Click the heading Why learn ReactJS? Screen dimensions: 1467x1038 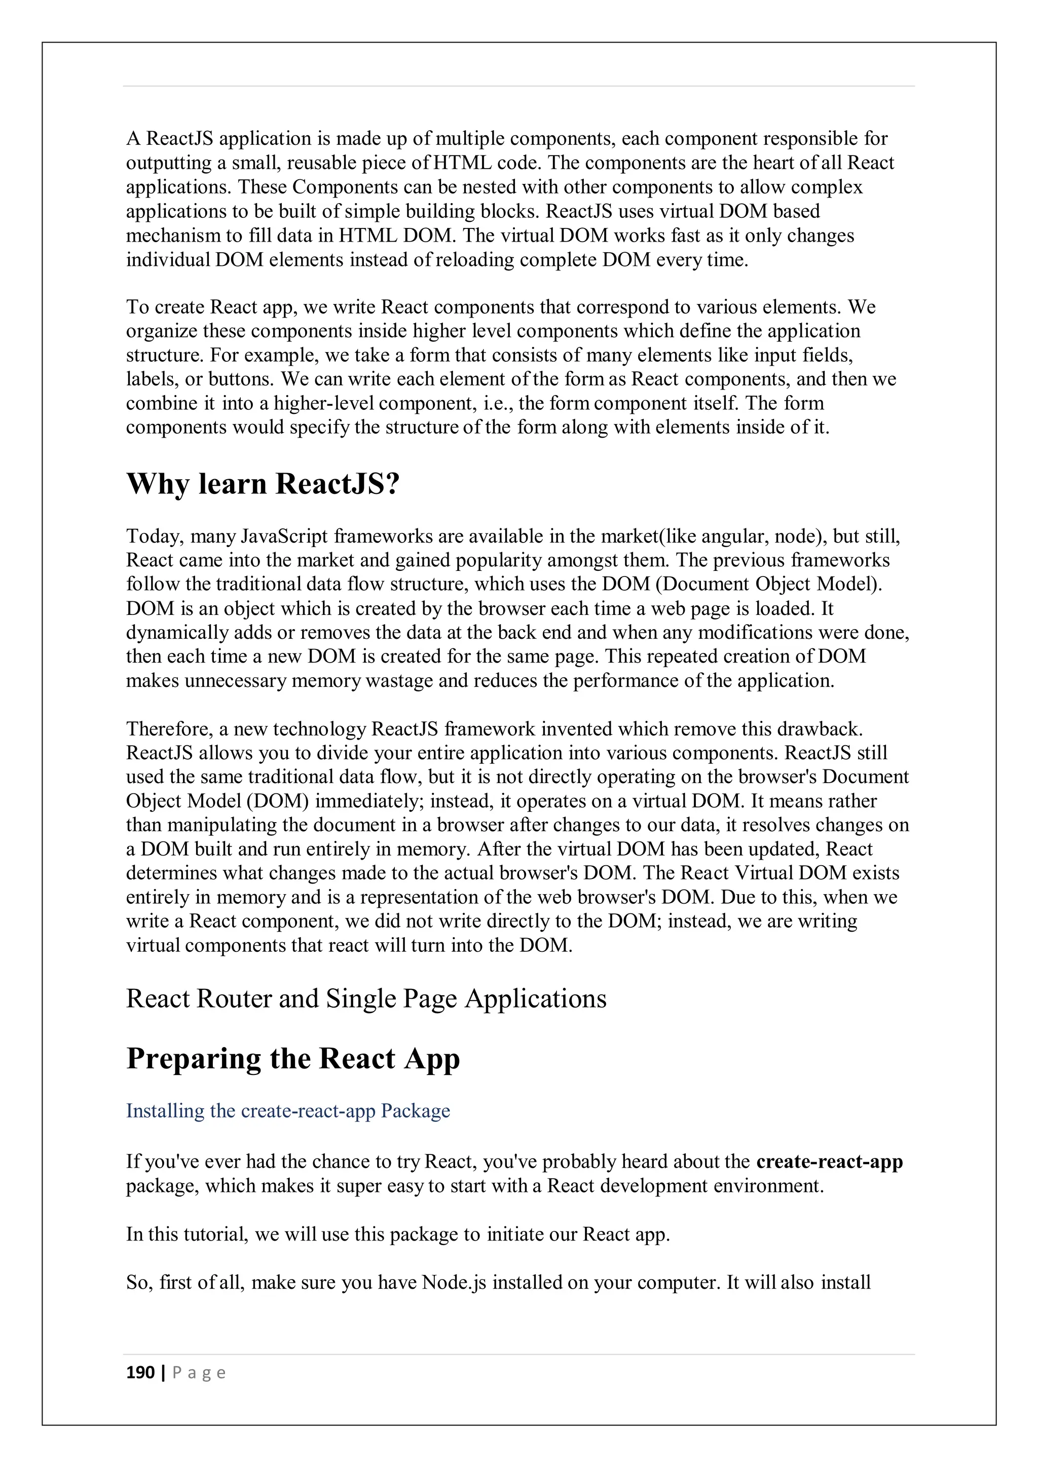(263, 484)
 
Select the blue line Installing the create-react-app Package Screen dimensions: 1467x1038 (287, 1110)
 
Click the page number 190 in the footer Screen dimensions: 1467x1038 (140, 1372)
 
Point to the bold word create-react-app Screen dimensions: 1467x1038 (829, 1162)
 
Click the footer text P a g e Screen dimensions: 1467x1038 (199, 1372)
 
